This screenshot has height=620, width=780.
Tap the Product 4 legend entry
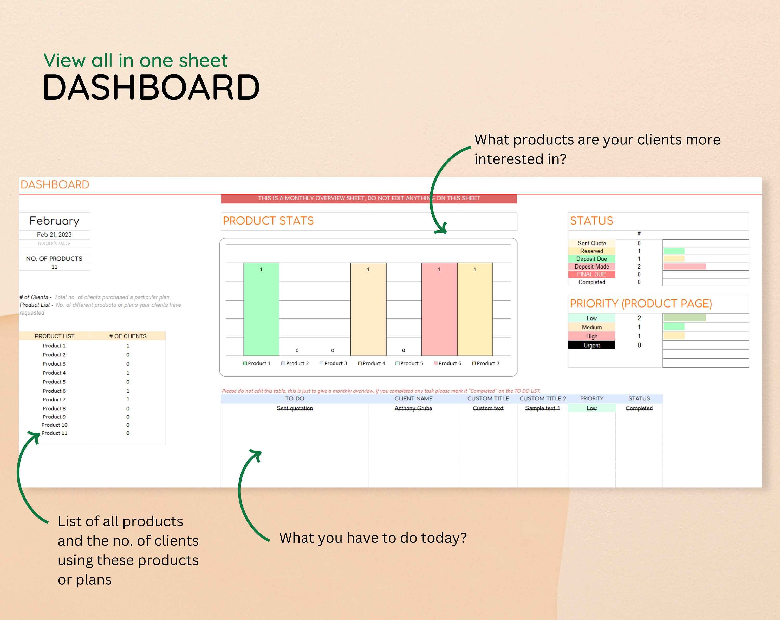372,363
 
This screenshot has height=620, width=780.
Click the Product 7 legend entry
486,363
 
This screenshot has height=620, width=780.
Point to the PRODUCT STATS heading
268,221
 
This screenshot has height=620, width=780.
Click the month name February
54,221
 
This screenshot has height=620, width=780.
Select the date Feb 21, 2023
54,234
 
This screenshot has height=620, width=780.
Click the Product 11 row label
54,433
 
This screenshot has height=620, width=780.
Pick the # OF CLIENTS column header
128,336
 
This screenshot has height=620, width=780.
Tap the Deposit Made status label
591,267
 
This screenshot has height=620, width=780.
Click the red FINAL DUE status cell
591,274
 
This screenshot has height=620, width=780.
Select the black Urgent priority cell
591,345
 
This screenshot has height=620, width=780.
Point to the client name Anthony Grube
413,408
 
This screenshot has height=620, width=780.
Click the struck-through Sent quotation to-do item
295,408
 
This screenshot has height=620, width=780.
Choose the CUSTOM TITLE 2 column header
543,399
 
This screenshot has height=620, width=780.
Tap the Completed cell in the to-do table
639,408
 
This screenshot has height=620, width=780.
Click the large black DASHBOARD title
151,88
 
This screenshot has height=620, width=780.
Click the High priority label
591,336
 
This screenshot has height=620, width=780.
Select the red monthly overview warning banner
369,198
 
